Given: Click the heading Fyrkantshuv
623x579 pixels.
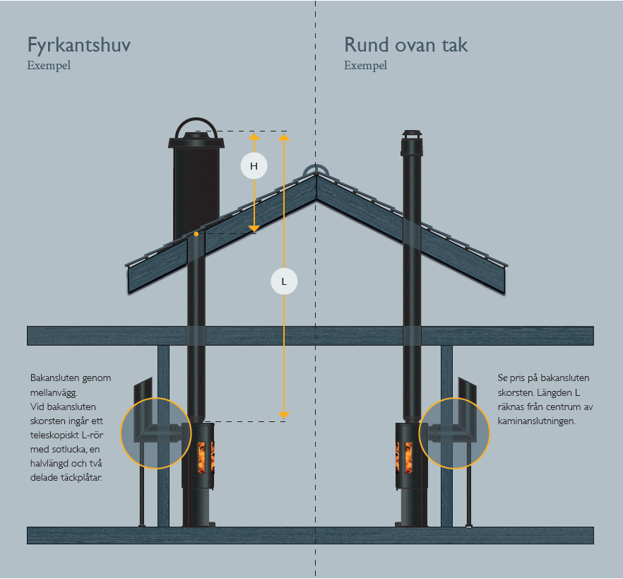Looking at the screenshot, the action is (78, 46).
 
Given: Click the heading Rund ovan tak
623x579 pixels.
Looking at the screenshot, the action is (405, 45).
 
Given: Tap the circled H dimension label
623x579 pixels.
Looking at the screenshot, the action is (254, 166).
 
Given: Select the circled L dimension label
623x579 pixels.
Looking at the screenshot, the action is (284, 281).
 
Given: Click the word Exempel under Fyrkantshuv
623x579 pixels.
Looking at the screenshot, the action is (49, 66).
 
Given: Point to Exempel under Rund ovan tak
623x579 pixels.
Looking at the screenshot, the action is (366, 66).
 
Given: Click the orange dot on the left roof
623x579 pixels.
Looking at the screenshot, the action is (196, 234).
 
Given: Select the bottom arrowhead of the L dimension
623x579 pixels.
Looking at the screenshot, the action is (284, 416).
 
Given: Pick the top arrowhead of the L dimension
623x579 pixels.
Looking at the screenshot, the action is (284, 138).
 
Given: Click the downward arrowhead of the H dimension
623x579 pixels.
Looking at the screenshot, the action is (254, 228).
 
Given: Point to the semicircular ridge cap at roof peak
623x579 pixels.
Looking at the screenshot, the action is (316, 170).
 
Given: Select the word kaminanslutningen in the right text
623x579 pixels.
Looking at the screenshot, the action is (536, 421).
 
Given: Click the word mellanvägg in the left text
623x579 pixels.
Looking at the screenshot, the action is (53, 393).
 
